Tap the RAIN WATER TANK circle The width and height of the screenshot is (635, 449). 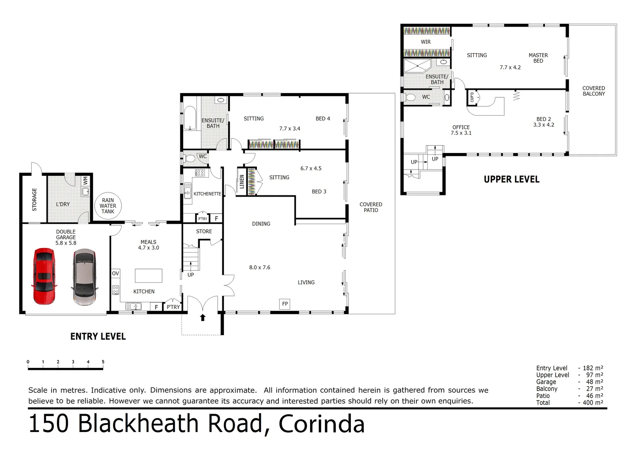108,206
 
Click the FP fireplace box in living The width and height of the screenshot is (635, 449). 285,304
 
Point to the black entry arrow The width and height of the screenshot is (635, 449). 203,318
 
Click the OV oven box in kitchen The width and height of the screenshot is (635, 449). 116,273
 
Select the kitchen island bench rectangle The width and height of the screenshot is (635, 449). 148,276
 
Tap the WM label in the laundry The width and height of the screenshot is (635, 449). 86,181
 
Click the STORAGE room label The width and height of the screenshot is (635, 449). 34,200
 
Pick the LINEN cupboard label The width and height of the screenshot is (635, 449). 242,182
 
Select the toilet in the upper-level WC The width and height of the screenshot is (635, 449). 411,98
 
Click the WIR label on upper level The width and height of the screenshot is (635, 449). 426,42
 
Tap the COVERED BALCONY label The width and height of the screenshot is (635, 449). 593,91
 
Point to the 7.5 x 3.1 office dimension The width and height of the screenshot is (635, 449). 461,133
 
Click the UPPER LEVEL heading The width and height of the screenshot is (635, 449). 512,180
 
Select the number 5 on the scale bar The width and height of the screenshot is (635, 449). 103,362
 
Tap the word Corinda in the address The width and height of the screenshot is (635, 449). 321,424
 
